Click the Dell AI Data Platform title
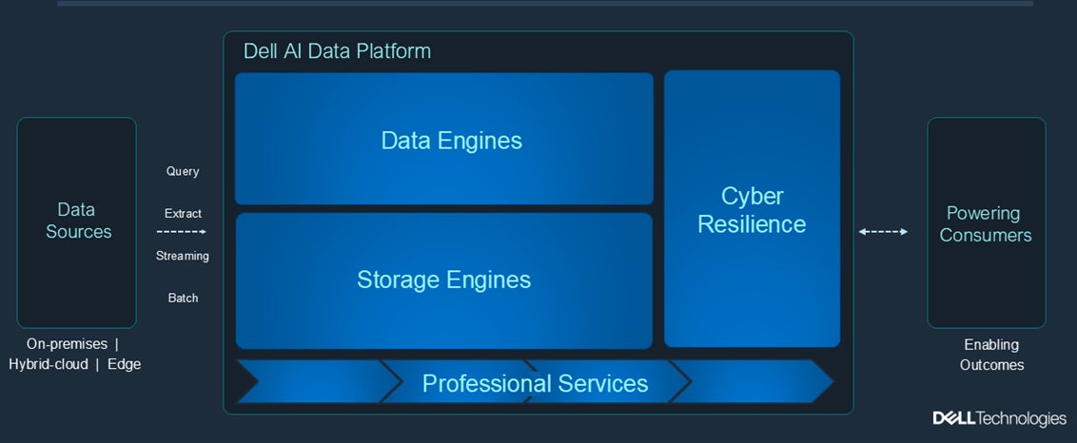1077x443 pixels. click(337, 51)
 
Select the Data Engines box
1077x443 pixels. click(444, 139)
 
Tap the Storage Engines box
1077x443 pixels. click(444, 280)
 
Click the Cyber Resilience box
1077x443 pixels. click(752, 209)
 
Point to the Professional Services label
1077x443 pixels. click(535, 383)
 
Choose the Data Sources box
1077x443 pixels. click(77, 221)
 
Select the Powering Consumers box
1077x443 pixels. click(986, 223)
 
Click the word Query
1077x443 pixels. click(183, 171)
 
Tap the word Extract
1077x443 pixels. click(183, 214)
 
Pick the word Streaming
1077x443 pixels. click(183, 256)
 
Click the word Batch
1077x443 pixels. click(183, 298)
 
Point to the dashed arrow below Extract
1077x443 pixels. click(182, 231)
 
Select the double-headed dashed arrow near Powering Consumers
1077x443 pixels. click(883, 231)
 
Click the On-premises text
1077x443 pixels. click(66, 344)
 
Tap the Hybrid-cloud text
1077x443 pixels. click(48, 364)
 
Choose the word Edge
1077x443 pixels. click(124, 364)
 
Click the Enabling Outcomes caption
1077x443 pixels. click(991, 355)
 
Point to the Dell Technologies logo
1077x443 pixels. click(999, 418)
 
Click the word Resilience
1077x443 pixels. click(752, 224)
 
